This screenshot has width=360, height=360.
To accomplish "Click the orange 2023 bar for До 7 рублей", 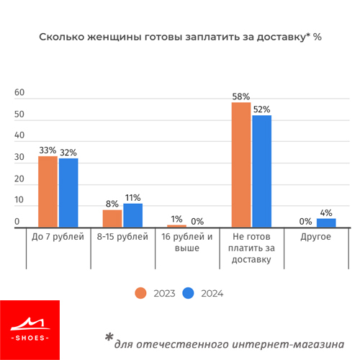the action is (x=48, y=192).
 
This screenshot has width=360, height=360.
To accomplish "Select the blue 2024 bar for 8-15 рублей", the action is (x=133, y=215).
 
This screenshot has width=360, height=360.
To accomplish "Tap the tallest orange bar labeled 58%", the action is (x=241, y=165).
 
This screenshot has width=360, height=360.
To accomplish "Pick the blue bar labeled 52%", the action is (x=262, y=171).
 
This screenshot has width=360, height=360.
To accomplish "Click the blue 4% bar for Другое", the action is (x=326, y=222).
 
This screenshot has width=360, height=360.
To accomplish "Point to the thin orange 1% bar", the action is (x=176, y=226).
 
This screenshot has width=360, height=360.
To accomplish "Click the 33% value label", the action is (x=48, y=150).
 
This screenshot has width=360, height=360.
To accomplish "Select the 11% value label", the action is (x=133, y=198).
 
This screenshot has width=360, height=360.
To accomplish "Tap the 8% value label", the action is (x=112, y=204).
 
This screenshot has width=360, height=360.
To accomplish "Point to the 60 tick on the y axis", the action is (x=19, y=92).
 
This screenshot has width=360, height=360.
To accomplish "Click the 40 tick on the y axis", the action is (x=19, y=135).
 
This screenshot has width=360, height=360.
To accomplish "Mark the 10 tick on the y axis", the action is (x=19, y=199).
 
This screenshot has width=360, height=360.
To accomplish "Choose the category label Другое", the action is (x=315, y=237).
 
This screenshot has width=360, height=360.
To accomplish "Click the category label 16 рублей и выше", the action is (x=187, y=242).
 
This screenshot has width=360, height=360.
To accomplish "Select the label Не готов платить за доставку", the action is (x=251, y=248).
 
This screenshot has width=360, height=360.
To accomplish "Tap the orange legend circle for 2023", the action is (x=140, y=293).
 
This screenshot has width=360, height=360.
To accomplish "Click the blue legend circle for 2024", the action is (x=188, y=293).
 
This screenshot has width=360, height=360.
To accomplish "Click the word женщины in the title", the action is (x=114, y=37).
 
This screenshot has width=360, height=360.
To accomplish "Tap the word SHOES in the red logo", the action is (x=30, y=338).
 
